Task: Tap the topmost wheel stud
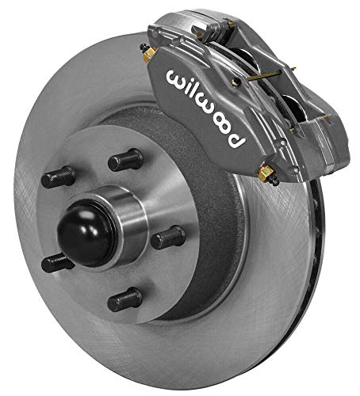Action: point(125,161)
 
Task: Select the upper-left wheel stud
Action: point(59,176)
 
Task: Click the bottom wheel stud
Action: point(125,299)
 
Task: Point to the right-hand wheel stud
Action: point(167,237)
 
